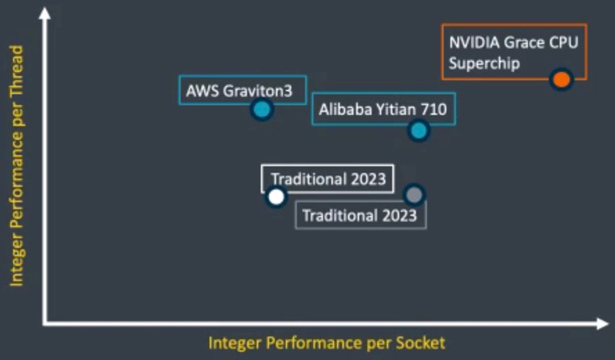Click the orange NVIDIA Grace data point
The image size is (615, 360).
click(561, 80)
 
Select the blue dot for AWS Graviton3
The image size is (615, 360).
click(262, 110)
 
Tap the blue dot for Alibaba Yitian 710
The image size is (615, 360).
click(418, 131)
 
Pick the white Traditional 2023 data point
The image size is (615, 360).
click(276, 197)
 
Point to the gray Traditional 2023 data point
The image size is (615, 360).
click(414, 195)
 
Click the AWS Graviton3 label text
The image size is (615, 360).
click(238, 91)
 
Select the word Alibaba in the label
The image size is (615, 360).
click(345, 109)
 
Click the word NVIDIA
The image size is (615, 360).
click(474, 43)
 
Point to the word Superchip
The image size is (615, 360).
click(484, 64)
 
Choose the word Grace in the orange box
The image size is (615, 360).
click(523, 43)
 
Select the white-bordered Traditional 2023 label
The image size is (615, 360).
click(328, 179)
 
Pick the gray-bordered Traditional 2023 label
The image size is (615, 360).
click(361, 215)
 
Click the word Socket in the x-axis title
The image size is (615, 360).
click(420, 342)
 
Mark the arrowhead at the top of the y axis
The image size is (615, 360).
click(45, 13)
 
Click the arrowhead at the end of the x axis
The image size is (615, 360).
click(602, 324)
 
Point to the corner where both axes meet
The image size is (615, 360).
click(45, 324)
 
